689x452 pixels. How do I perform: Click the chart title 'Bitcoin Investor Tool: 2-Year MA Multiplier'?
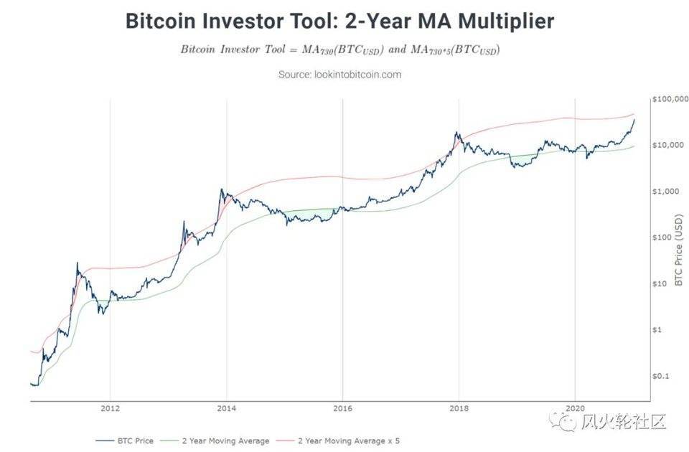[x=339, y=21]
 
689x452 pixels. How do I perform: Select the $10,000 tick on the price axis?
[x=670, y=145]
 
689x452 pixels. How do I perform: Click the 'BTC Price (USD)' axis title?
[x=680, y=251]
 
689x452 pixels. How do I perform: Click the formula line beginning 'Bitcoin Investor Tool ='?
[x=339, y=50]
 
